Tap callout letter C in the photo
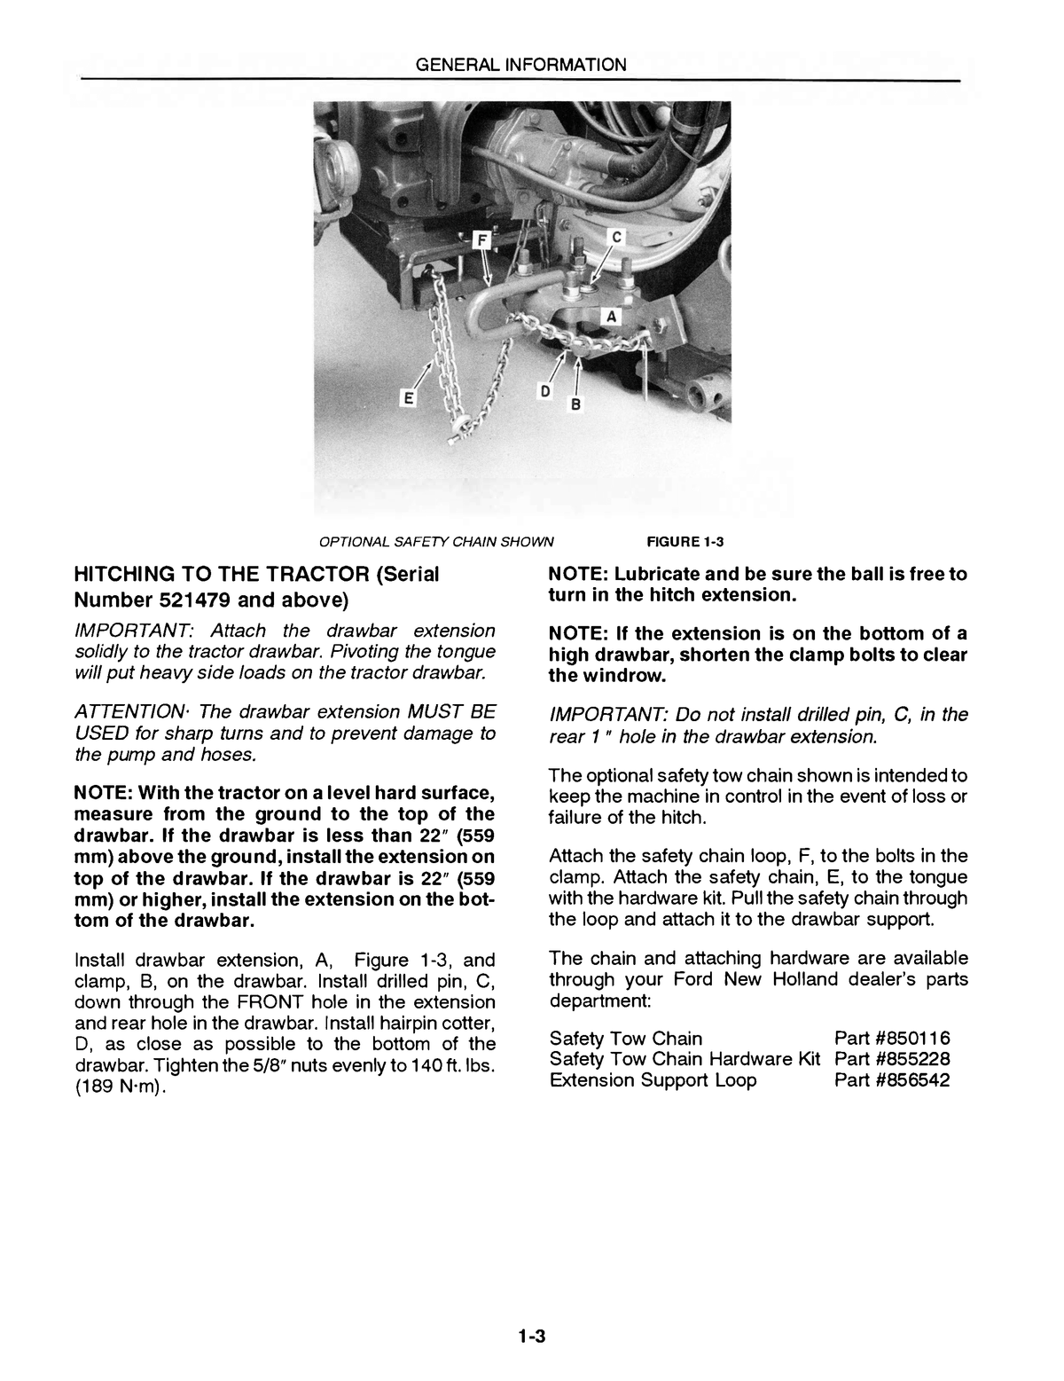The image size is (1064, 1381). [x=618, y=237]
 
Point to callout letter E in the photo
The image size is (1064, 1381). [x=409, y=399]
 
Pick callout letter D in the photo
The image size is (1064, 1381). [x=547, y=391]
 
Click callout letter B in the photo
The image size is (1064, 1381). [x=575, y=404]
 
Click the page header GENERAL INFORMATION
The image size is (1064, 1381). [x=521, y=65]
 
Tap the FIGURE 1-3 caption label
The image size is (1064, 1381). [x=686, y=542]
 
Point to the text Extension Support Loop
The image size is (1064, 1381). [x=653, y=1080]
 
